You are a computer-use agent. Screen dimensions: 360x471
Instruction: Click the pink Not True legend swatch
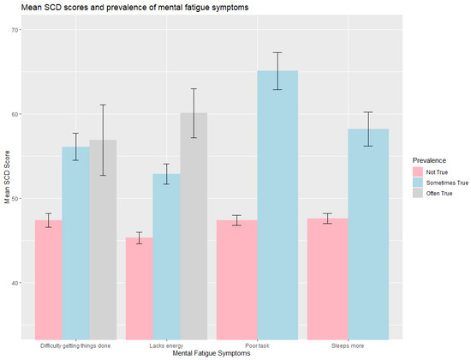point(419,172)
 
